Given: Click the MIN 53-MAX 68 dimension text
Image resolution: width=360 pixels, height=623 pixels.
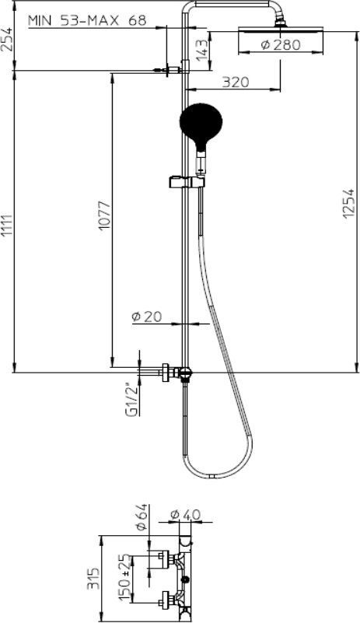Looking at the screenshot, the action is [x=87, y=20].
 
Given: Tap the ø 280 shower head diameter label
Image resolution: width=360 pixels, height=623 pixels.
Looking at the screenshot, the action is [x=281, y=45].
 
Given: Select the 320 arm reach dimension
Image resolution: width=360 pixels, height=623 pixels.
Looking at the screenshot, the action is [x=236, y=82].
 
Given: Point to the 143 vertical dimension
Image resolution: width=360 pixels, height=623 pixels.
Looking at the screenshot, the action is [x=202, y=48].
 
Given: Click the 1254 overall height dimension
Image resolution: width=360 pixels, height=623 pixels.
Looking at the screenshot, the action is [x=348, y=203].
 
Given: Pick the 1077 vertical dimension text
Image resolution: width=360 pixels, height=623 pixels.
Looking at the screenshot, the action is [x=104, y=215].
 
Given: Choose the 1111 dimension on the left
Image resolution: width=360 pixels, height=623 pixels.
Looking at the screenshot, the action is [x=6, y=226].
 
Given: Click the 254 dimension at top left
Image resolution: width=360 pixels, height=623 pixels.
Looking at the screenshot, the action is [x=6, y=40].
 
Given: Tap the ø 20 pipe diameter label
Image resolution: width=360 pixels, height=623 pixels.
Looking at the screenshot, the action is [x=147, y=317].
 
